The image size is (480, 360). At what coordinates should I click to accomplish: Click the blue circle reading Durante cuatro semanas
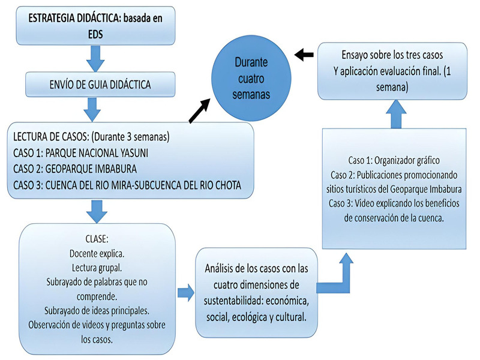251,78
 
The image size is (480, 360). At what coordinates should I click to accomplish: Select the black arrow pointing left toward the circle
304,55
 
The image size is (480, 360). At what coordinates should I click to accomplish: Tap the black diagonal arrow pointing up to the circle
200,111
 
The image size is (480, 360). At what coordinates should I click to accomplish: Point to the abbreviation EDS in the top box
95,34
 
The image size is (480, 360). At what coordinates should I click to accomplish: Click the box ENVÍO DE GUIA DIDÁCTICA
100,85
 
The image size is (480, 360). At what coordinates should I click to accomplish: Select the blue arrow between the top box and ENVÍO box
95,58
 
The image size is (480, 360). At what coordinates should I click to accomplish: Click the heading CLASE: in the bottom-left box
97,239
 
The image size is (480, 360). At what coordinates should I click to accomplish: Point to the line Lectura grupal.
97,268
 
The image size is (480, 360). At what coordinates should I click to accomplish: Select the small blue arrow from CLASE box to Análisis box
186,293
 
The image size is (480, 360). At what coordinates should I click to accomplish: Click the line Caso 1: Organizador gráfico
394,160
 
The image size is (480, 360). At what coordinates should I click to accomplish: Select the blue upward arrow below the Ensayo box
396,115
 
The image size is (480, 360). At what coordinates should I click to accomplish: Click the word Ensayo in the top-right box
355,55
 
